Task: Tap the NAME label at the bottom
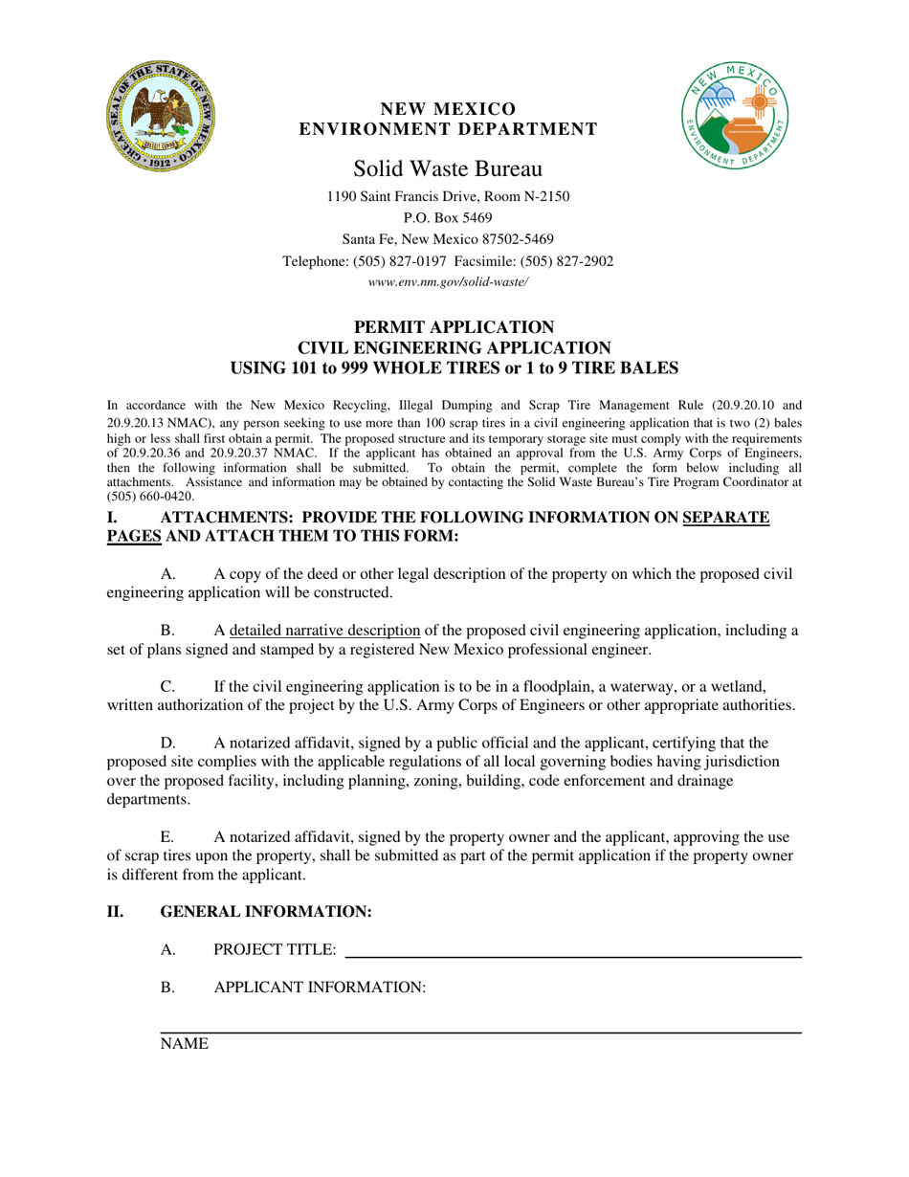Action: pyautogui.click(x=184, y=1045)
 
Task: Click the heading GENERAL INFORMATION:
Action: pyautogui.click(x=265, y=912)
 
